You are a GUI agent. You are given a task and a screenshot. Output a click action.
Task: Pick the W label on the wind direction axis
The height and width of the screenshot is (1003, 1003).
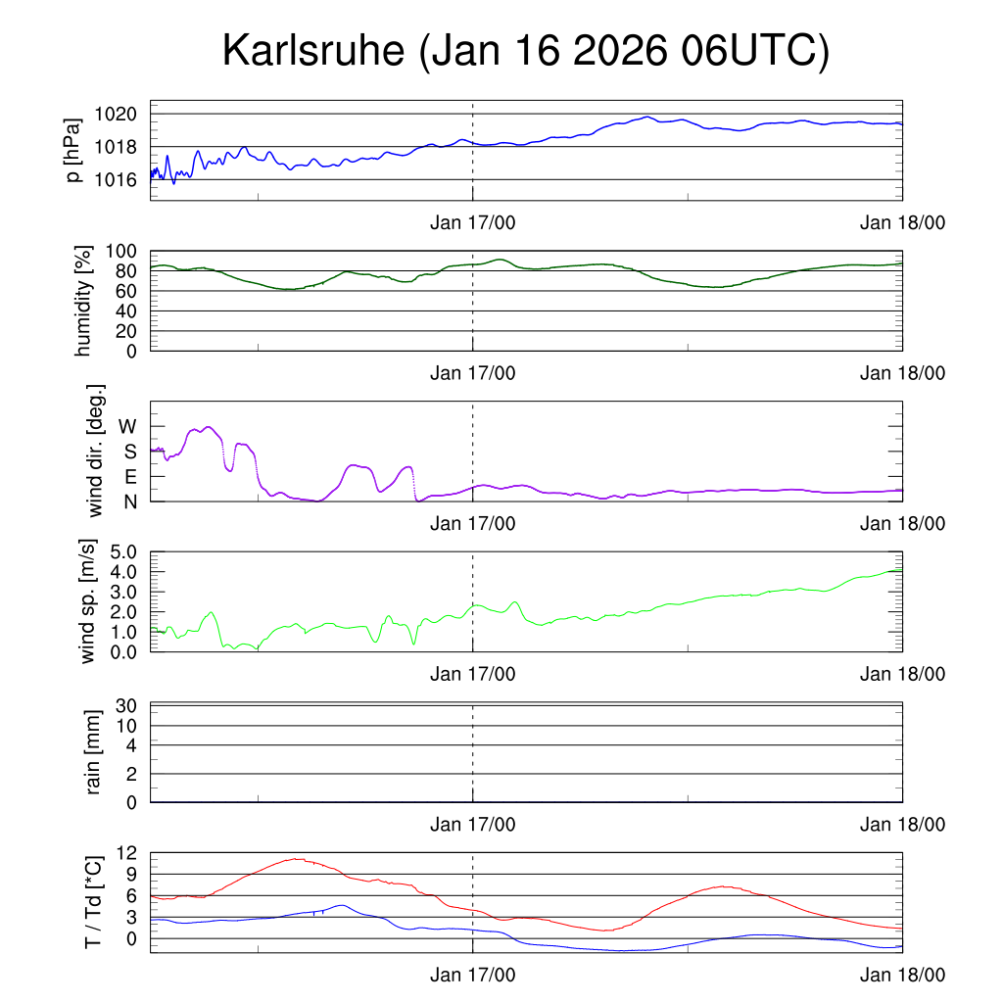click(128, 426)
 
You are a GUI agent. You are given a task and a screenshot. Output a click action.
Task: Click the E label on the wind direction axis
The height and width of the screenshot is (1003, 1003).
click(130, 476)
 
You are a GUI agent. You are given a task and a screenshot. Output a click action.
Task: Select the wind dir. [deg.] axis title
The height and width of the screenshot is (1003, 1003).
click(96, 451)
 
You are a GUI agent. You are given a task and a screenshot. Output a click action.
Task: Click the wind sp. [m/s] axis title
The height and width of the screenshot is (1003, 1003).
click(89, 601)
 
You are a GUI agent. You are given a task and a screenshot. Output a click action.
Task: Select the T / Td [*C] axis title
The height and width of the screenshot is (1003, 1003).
click(93, 901)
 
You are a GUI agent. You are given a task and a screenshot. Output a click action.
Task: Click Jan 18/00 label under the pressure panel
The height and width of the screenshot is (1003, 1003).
click(902, 222)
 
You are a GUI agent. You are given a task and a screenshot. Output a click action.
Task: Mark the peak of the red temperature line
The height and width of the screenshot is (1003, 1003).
click(296, 859)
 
